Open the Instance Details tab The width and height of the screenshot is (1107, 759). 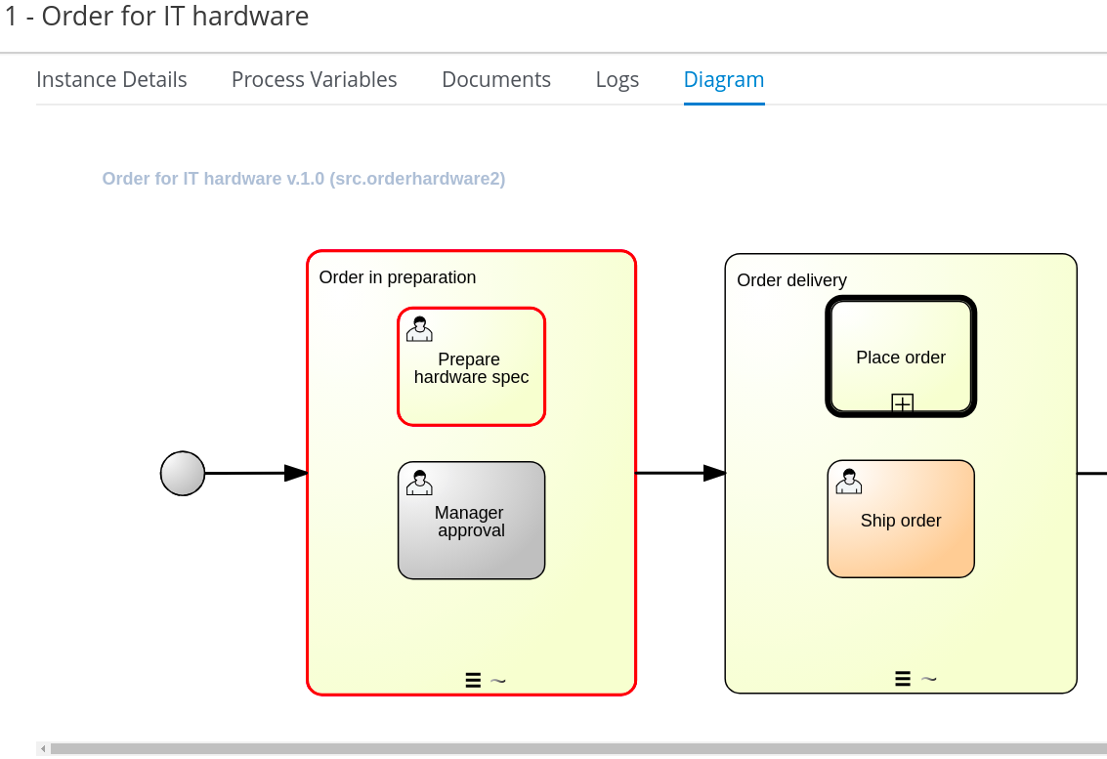pyautogui.click(x=111, y=80)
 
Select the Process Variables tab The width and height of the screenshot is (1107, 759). pyautogui.click(x=315, y=80)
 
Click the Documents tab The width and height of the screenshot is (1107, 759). pyautogui.click(x=496, y=80)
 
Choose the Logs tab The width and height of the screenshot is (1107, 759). pyautogui.click(x=617, y=80)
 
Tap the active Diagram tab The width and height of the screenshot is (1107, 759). pyautogui.click(x=724, y=80)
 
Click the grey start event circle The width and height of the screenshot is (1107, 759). pyautogui.click(x=183, y=473)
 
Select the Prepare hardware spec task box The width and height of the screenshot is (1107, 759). pyautogui.click(x=472, y=366)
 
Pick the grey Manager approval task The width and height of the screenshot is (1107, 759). pyautogui.click(x=472, y=521)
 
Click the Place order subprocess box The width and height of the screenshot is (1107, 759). pyautogui.click(x=901, y=357)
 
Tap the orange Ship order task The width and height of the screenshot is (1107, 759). pyautogui.click(x=901, y=519)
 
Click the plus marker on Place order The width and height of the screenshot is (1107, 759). pyautogui.click(x=902, y=403)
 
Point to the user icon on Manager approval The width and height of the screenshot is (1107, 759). pyautogui.click(x=419, y=483)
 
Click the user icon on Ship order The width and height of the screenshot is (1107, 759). pyautogui.click(x=849, y=482)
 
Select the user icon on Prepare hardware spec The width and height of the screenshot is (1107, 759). pyautogui.click(x=419, y=329)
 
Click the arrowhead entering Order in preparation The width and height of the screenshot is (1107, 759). pyautogui.click(x=296, y=473)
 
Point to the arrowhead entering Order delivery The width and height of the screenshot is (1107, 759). pyautogui.click(x=714, y=473)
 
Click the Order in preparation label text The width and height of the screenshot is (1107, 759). pyautogui.click(x=398, y=277)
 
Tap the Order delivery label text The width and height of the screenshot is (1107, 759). pyautogui.click(x=791, y=280)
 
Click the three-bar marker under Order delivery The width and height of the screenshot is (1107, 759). pyautogui.click(x=902, y=679)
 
